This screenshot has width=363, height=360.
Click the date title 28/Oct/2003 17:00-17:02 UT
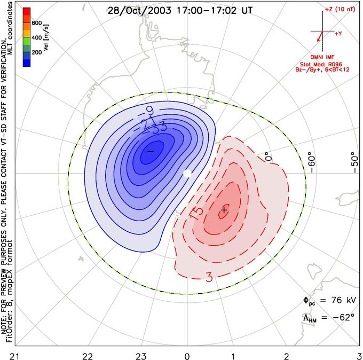coord(180,10)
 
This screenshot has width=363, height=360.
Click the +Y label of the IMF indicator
coord(338,33)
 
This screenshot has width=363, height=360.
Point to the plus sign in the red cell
coord(224,210)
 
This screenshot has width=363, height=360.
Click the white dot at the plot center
coord(186,174)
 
